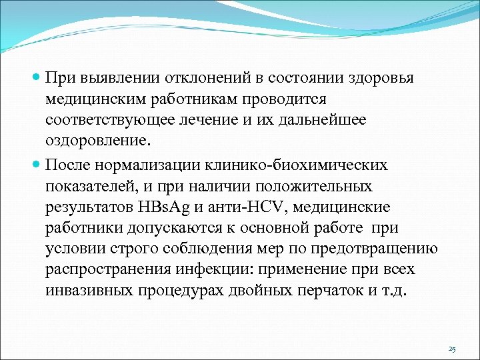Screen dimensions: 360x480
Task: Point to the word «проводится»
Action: pos(284,99)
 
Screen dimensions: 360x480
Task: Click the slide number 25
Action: pos(452,349)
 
